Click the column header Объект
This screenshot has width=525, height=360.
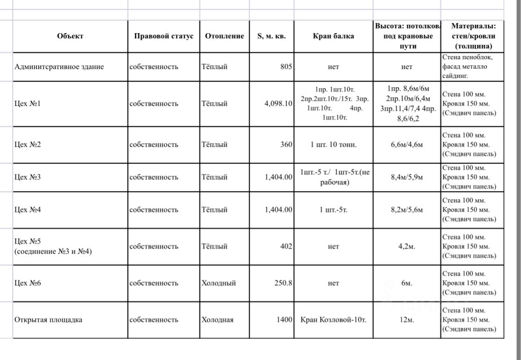70,36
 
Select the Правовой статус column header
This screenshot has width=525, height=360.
163,36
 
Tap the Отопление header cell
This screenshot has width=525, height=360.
224,36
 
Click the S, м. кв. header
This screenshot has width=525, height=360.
272,36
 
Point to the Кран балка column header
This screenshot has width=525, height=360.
333,36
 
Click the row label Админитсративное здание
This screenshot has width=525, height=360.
59,67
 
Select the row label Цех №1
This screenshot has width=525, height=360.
28,104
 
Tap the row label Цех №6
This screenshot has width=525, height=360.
28,283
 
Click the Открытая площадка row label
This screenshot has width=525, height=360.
51,320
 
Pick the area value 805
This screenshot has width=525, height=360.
286,67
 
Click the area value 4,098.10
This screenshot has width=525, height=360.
278,104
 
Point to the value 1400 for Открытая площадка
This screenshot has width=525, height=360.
284,320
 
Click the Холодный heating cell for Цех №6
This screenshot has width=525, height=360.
218,283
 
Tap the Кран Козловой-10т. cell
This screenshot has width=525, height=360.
333,320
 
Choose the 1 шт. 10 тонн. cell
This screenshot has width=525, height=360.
333,145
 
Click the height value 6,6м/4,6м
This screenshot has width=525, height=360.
406,145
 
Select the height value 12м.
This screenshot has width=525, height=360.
406,320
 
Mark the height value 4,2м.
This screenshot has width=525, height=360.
406,246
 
